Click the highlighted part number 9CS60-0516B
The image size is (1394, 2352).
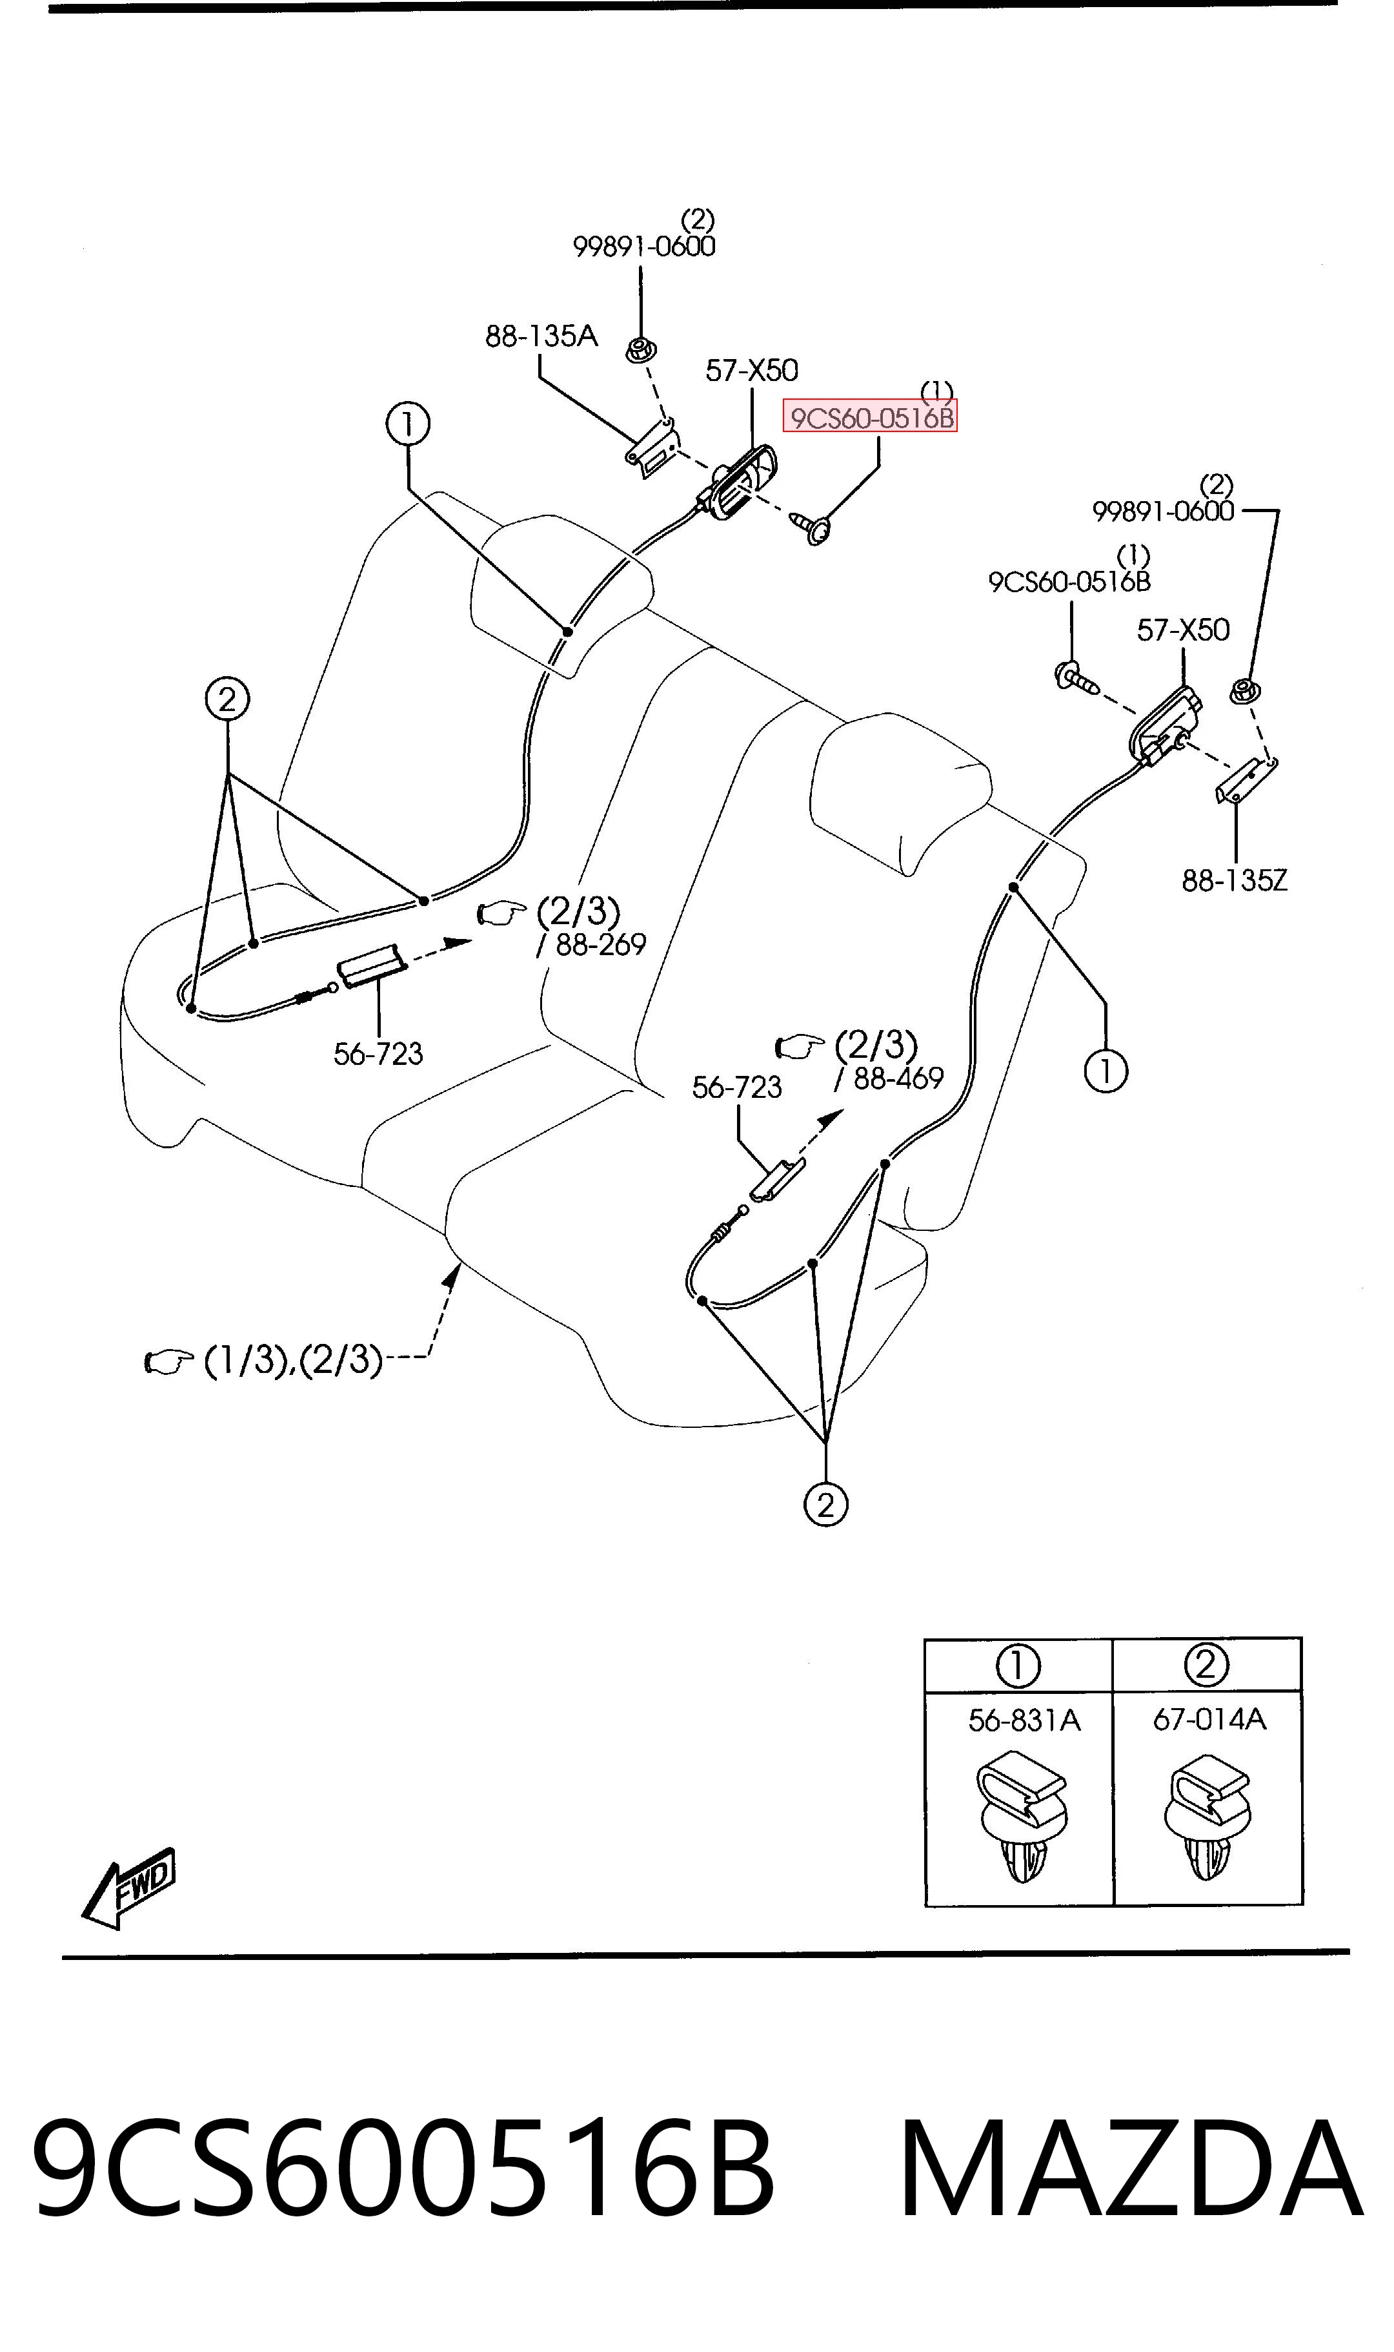pos(870,417)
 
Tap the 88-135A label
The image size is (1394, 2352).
pos(541,335)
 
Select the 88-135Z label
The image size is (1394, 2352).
pos(1235,880)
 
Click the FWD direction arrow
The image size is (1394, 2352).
pos(128,1888)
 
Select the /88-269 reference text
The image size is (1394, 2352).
pos(591,944)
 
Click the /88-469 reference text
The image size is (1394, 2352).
pos(889,1078)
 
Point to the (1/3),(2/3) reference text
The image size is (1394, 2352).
pos(293,1359)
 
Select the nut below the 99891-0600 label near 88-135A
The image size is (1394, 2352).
pos(641,351)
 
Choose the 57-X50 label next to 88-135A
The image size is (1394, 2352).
pos(751,370)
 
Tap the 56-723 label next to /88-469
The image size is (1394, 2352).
pos(736,1087)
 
